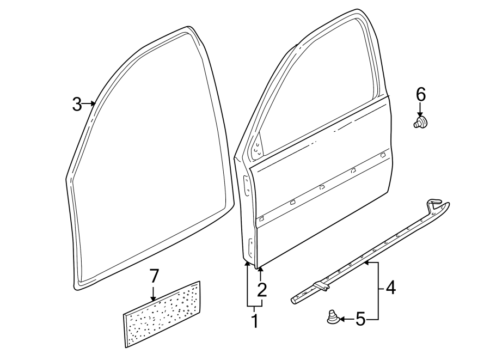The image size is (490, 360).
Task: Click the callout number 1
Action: (254, 321)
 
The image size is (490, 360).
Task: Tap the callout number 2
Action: (262, 290)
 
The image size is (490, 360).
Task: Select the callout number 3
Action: (77, 103)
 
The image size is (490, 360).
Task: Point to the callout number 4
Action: (390, 287)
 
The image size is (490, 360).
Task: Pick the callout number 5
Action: (360, 319)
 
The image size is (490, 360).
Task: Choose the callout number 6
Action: (420, 94)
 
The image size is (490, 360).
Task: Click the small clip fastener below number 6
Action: (420, 122)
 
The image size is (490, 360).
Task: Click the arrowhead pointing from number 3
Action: (93, 103)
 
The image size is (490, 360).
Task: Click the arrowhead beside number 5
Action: (342, 319)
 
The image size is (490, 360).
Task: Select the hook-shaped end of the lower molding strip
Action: (436, 203)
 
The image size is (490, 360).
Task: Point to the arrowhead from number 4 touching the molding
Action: (366, 263)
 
